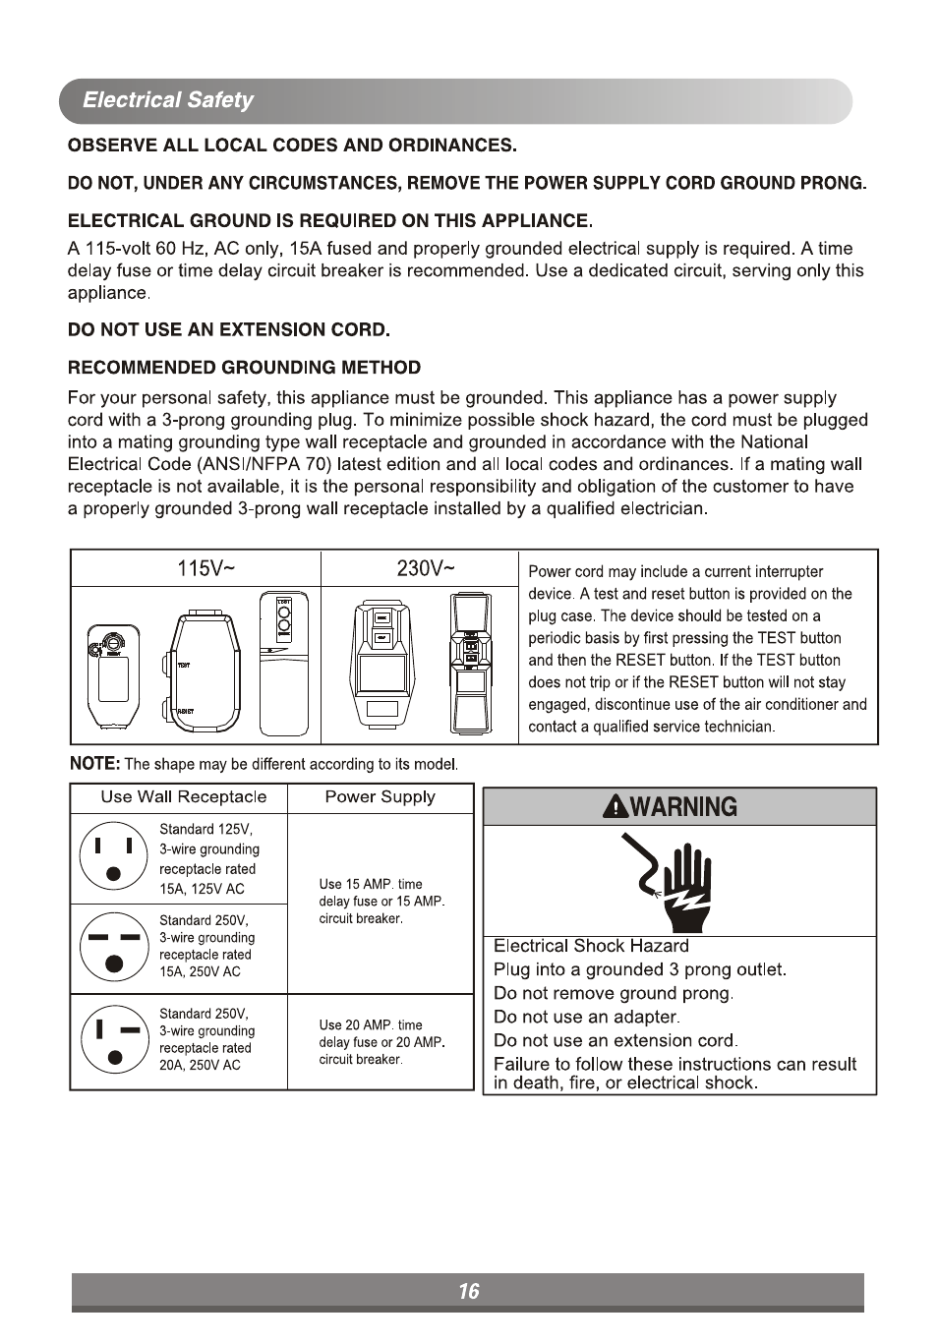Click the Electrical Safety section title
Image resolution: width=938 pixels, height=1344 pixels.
point(167,100)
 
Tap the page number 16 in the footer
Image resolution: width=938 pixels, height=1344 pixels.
point(468,1291)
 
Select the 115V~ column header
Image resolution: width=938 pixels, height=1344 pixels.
point(205,568)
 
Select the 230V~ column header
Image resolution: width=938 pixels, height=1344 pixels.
point(426,568)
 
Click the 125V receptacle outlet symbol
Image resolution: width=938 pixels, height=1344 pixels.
point(114,856)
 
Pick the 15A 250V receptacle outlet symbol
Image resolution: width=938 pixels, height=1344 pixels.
point(114,947)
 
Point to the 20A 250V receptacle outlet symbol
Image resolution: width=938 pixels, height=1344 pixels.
point(114,1039)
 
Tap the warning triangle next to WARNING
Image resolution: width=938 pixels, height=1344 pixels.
point(616,807)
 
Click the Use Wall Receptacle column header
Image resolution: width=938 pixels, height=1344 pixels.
point(183,797)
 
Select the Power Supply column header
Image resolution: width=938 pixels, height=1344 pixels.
point(380,797)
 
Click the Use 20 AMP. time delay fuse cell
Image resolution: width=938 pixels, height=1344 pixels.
point(381,1041)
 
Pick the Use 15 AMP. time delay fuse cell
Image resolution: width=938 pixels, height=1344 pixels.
point(381,902)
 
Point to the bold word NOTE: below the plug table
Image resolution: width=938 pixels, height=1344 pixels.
point(94,764)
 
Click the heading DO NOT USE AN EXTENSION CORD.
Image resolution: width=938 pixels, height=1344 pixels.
point(228,329)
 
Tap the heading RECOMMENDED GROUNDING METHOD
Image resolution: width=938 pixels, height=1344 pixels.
point(244,368)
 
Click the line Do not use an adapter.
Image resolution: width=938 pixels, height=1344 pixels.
point(586,1017)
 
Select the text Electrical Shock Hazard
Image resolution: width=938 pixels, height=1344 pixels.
point(590,946)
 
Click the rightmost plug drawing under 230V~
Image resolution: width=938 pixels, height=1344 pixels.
point(471,663)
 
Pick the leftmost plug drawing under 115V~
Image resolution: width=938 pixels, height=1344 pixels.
point(111,674)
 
